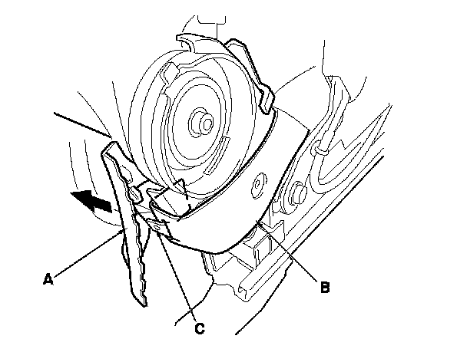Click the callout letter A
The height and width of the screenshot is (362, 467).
click(x=47, y=280)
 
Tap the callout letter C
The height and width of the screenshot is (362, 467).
click(x=199, y=329)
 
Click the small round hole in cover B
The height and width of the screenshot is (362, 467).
click(x=259, y=184)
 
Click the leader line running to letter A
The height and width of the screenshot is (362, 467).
click(x=88, y=254)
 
